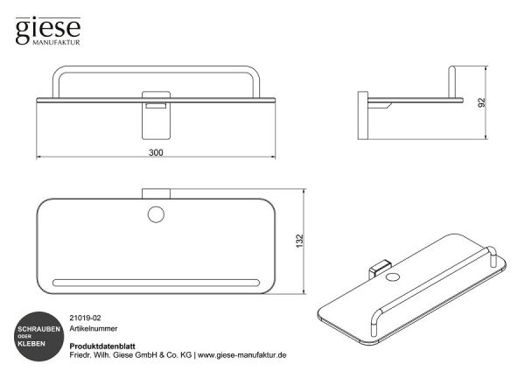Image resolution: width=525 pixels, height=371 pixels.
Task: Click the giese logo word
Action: point(48,30)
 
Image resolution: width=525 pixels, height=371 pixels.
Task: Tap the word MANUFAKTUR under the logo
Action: point(56,43)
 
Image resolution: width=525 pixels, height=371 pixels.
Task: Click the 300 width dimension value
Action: point(156,152)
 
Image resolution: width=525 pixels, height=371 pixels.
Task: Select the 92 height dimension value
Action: point(481,102)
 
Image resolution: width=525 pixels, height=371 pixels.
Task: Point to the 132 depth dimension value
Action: point(299,241)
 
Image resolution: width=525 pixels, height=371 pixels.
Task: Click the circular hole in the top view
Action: point(156,214)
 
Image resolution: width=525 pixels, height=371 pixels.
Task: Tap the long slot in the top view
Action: point(156,283)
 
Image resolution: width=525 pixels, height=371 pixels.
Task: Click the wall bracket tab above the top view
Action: point(156,194)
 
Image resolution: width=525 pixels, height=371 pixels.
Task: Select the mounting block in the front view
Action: point(156,115)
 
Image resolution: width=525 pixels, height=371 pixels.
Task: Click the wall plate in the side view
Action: point(362,115)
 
